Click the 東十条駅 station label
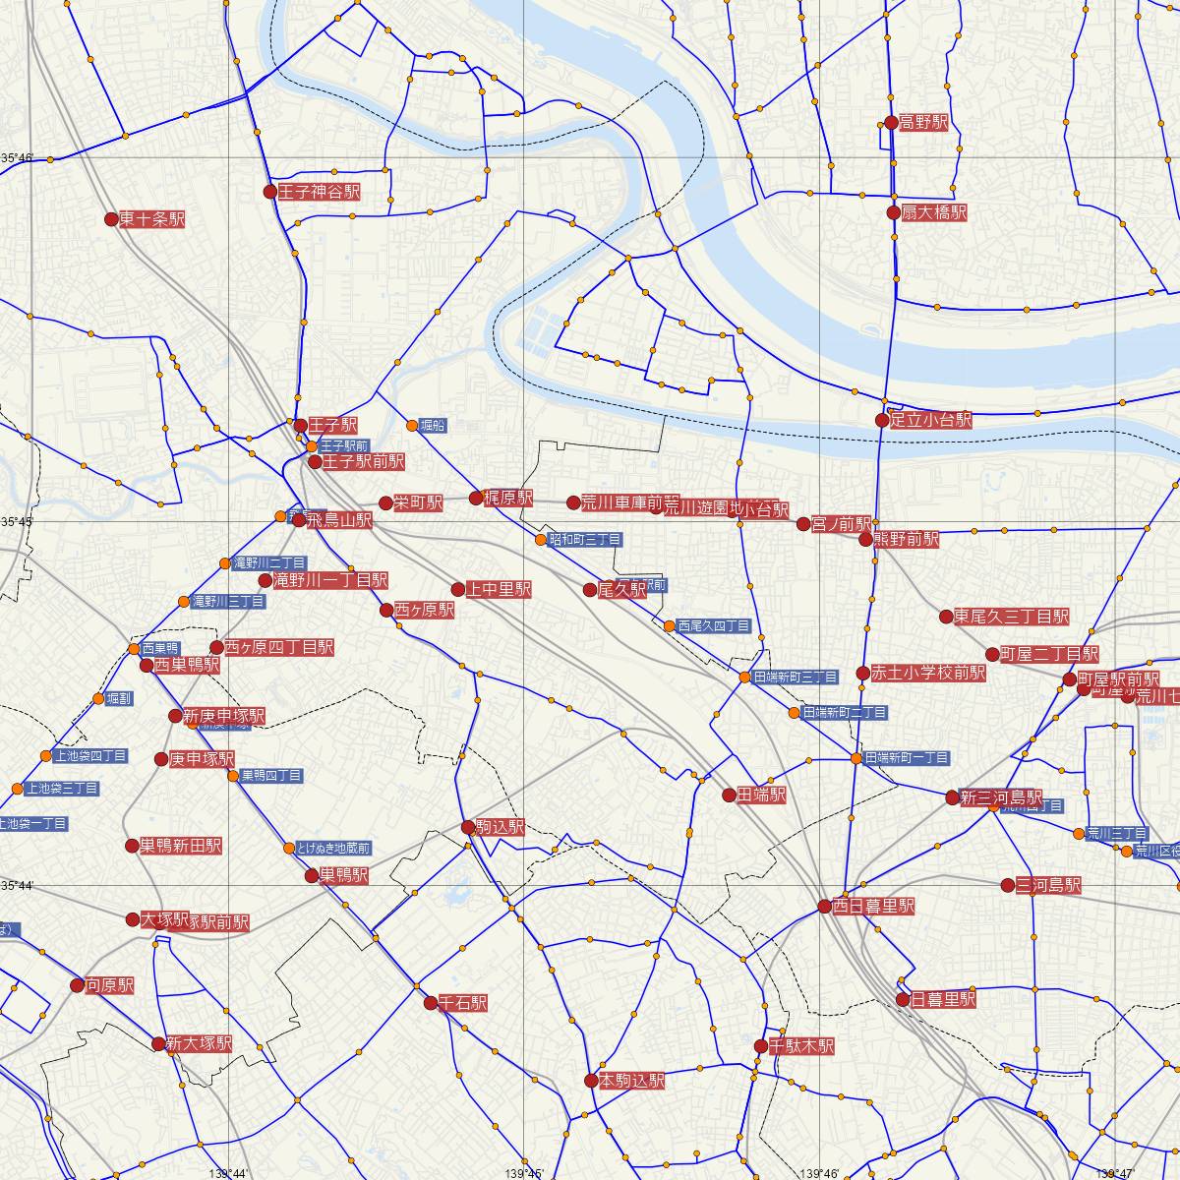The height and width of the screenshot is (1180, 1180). [151, 219]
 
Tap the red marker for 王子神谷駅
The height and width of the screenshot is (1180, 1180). [270, 192]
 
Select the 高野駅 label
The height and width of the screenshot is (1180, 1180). [923, 123]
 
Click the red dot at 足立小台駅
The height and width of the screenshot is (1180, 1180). [883, 421]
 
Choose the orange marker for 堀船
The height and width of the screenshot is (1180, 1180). [413, 426]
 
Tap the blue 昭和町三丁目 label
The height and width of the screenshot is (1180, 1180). [585, 540]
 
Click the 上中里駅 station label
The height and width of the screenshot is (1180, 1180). [499, 589]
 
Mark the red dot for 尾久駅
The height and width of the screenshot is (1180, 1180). [590, 590]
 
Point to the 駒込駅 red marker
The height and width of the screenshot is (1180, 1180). [468, 828]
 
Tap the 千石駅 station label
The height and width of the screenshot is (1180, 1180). [462, 1004]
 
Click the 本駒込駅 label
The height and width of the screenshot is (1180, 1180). [632, 1081]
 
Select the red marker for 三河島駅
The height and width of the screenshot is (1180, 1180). [1008, 885]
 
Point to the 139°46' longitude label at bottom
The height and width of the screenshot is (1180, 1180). [820, 1173]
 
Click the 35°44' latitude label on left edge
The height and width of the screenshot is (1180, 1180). [17, 886]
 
